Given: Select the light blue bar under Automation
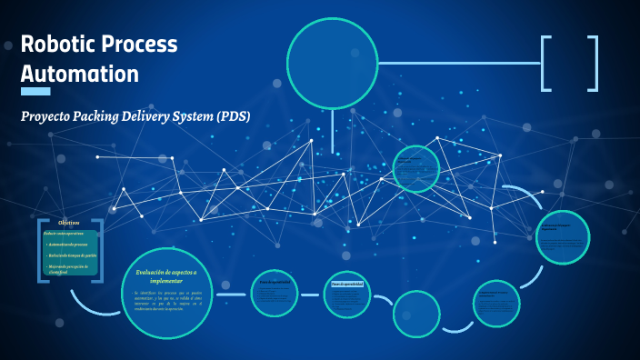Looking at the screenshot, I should [35, 91].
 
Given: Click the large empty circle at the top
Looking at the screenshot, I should [332, 63].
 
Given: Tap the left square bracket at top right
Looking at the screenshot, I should [545, 64].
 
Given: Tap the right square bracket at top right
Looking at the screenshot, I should [594, 64].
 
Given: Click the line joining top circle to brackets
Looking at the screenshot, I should [459, 64].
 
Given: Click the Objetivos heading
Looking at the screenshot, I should [69, 222].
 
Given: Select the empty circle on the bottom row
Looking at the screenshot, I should [416, 314].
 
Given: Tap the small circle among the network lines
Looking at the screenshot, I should [416, 169].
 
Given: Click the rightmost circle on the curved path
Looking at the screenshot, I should [563, 236].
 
